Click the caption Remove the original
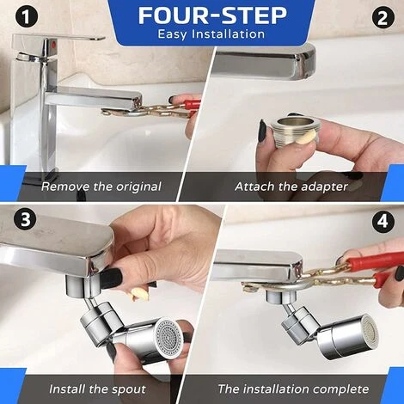[101, 186]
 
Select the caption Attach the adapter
[291, 186]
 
